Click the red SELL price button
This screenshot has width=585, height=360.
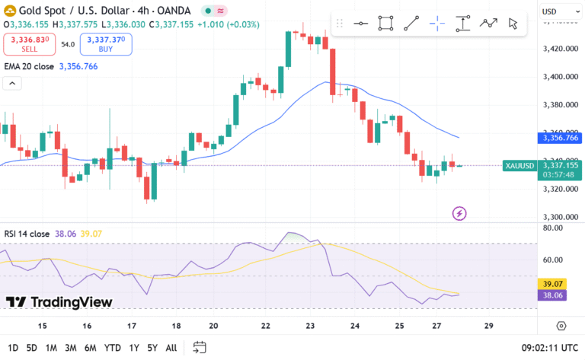[x=29, y=44]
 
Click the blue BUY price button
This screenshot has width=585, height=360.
[x=106, y=44]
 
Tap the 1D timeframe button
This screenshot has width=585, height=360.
[x=13, y=348]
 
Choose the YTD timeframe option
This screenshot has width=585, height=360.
[x=112, y=348]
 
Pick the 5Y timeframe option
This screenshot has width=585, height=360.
[x=152, y=348]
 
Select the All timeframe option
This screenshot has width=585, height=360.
[x=171, y=348]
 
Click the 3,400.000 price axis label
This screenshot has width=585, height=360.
[x=558, y=77]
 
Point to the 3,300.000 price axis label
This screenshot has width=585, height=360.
[x=558, y=217]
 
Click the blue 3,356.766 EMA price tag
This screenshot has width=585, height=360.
[x=560, y=138]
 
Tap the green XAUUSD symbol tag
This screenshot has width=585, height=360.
[x=519, y=165]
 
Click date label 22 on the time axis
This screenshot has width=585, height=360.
[x=265, y=326]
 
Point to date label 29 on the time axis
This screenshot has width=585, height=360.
[x=488, y=326]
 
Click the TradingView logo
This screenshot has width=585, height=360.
[x=59, y=302]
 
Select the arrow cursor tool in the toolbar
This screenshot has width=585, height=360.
[x=513, y=23]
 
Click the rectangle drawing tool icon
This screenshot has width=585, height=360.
[x=385, y=23]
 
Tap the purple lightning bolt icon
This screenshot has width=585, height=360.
[x=459, y=213]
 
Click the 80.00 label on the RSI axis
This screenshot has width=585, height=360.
[x=553, y=228]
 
